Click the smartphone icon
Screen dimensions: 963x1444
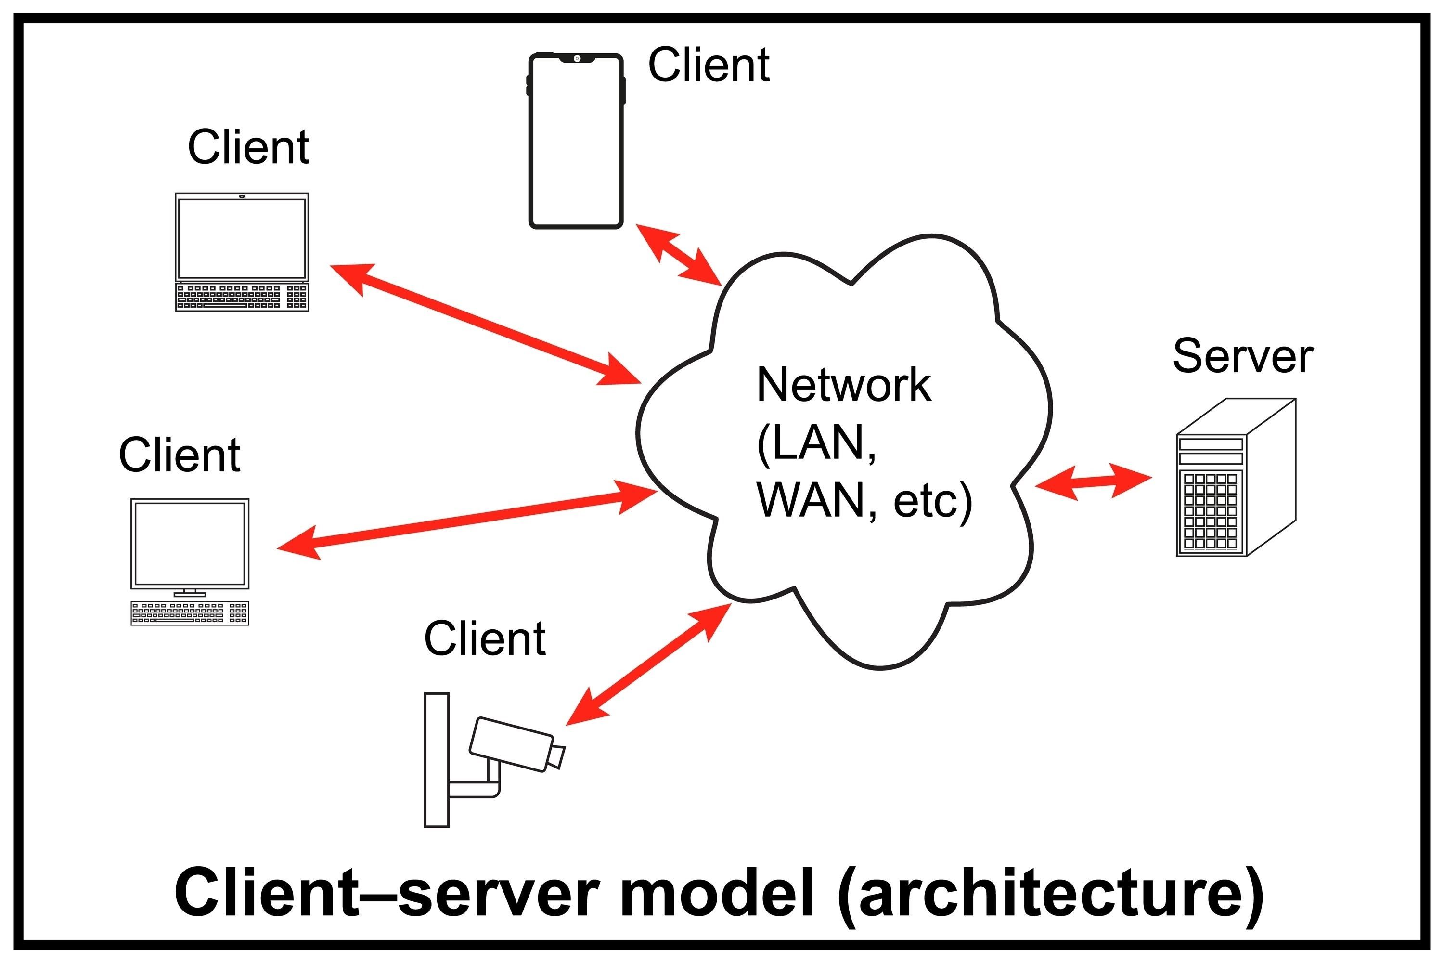(x=576, y=141)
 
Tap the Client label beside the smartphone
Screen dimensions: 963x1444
(x=709, y=65)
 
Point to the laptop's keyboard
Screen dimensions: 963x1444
(x=242, y=297)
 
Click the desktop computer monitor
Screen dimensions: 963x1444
(x=190, y=544)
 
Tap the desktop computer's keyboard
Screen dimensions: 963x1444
(x=190, y=612)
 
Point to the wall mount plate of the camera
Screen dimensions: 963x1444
(x=437, y=760)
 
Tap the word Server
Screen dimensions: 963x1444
(x=1243, y=356)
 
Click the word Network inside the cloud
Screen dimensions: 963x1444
(x=844, y=385)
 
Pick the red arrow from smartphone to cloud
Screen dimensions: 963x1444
(x=678, y=254)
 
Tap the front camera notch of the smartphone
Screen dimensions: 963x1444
(x=577, y=58)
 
